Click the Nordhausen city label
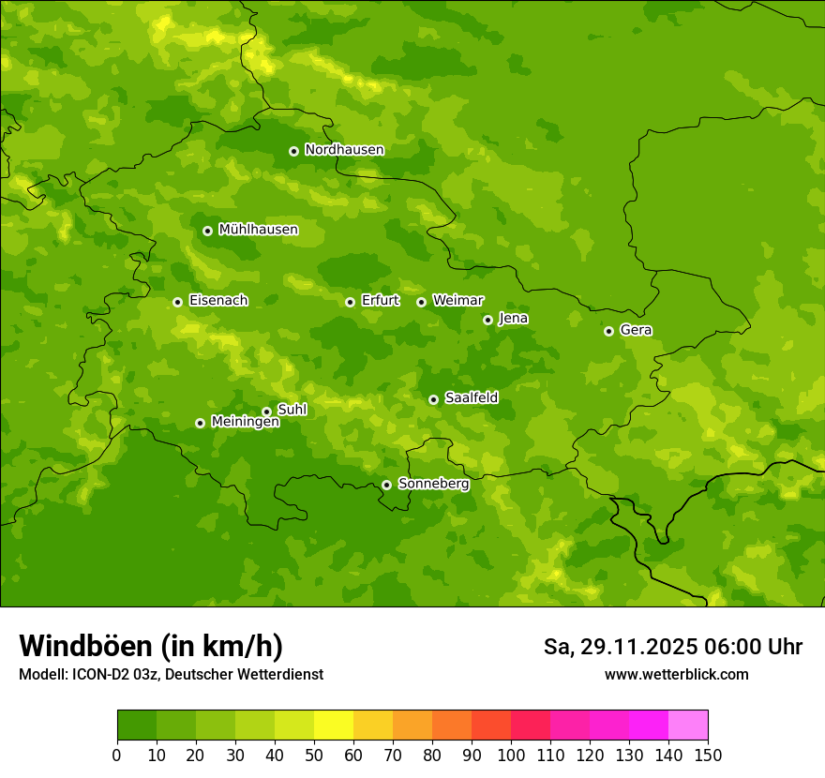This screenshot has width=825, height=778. tap(344, 150)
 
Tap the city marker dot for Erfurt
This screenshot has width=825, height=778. tap(350, 302)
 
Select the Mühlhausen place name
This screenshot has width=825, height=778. tap(258, 230)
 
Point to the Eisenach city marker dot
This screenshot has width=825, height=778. tap(177, 302)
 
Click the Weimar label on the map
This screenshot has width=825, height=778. tap(457, 301)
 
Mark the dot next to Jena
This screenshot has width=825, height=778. tap(487, 320)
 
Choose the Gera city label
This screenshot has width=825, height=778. tap(636, 330)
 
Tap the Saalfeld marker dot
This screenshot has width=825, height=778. tap(433, 399)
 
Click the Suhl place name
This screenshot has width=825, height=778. tap(292, 410)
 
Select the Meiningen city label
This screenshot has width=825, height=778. tap(245, 423)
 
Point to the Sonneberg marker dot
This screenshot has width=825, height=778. tap(386, 485)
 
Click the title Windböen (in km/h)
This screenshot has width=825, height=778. tap(151, 646)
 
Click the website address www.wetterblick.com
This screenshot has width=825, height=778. tap(676, 675)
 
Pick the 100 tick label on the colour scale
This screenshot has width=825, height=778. tap(511, 756)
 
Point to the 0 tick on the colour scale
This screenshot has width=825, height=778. tap(117, 756)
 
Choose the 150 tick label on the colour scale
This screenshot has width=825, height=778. tap(708, 756)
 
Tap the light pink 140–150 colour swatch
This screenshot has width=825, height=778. tap(688, 726)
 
